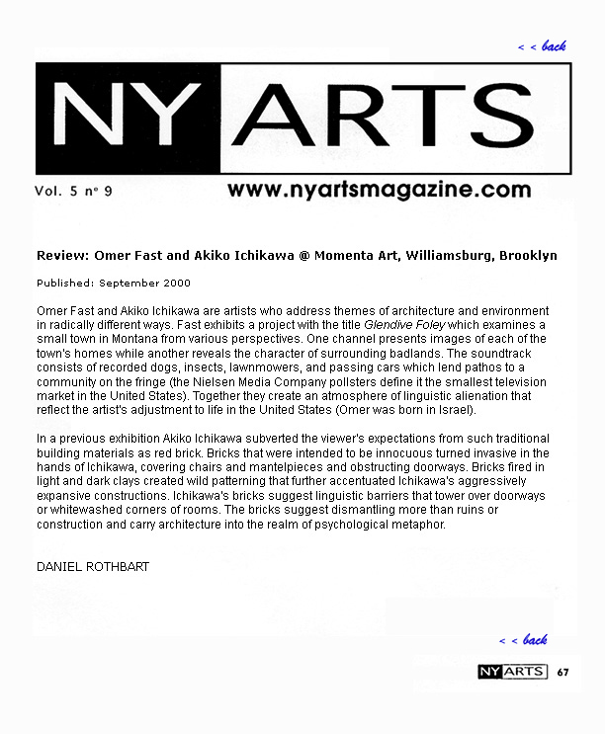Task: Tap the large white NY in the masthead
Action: pos(125,119)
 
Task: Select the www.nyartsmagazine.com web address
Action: pos(379,191)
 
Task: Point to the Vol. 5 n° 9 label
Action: pos(73,192)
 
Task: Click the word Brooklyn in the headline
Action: pos(528,256)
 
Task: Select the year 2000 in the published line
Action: pos(174,283)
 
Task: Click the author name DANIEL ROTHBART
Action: pos(93,567)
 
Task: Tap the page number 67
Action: pos(562,673)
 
